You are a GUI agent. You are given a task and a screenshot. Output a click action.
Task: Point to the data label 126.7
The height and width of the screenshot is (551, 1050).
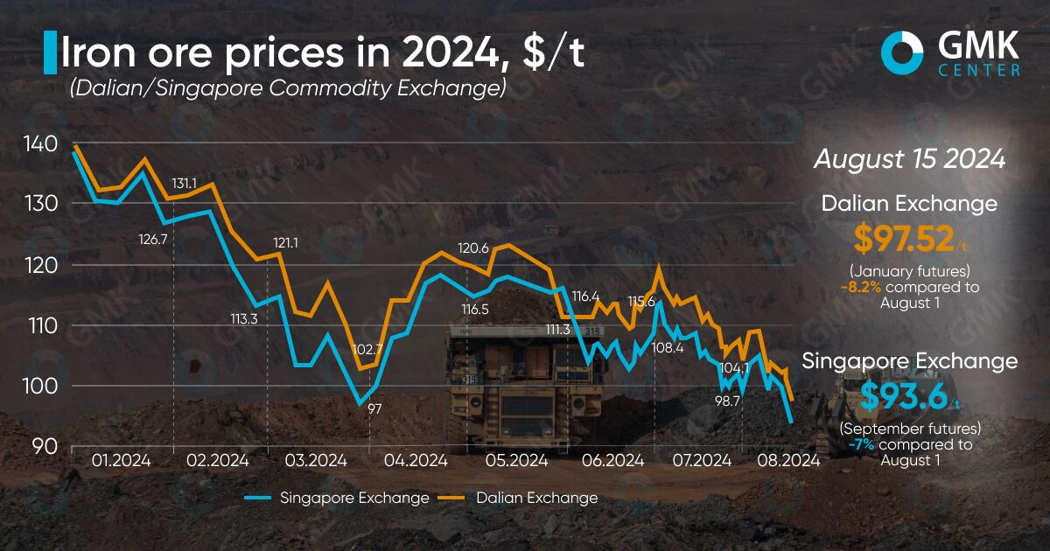point(153,239)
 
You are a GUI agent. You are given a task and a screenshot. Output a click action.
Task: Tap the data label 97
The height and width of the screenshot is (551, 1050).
point(375,408)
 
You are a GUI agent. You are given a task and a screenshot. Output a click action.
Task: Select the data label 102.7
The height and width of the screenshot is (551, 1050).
point(367,349)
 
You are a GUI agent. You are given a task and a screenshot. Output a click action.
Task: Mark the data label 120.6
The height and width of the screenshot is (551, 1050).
point(473,248)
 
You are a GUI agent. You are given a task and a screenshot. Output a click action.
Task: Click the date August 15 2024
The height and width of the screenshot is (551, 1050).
point(908,160)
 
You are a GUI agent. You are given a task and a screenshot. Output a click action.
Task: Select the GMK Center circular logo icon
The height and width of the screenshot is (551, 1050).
point(901,52)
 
